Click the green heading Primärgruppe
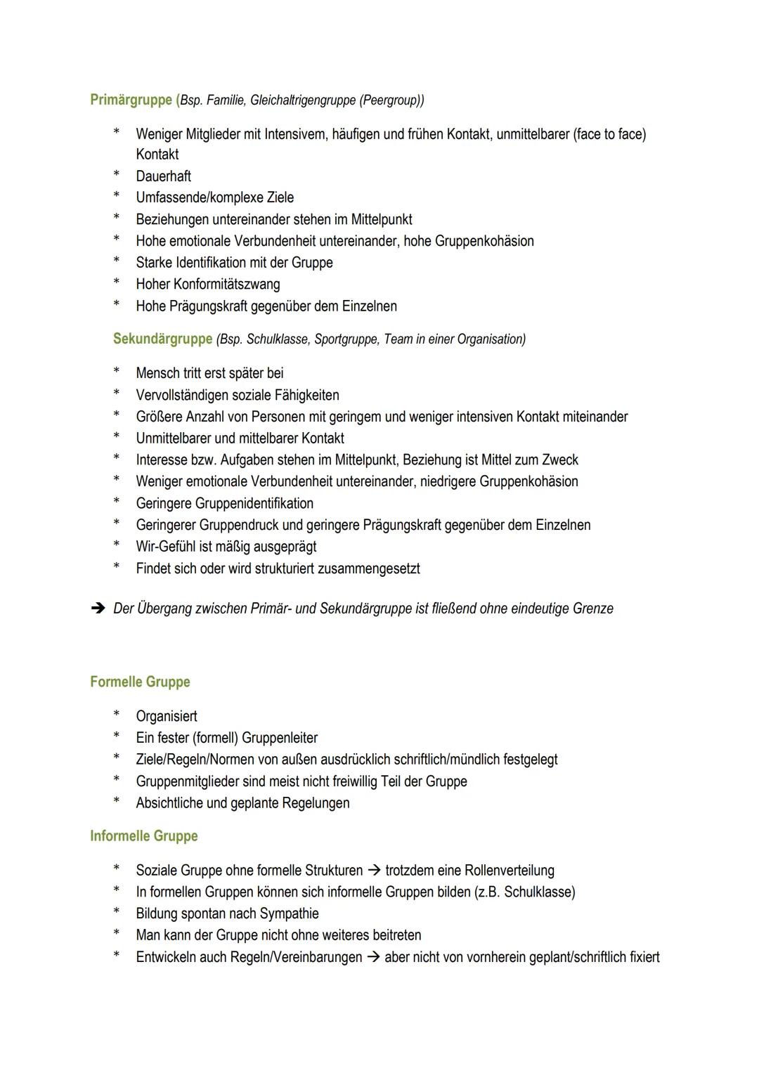point(131,100)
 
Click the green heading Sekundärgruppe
point(162,339)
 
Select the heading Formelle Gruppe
point(140,682)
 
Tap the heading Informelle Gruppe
point(143,835)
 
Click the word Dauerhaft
point(163,176)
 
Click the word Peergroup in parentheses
point(389,100)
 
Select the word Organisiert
point(167,716)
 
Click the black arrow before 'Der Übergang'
point(98,609)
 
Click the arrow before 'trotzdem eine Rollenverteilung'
point(374,871)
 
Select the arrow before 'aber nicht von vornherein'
point(373,957)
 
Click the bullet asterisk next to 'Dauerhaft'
point(117,176)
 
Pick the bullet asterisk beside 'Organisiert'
point(117,716)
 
